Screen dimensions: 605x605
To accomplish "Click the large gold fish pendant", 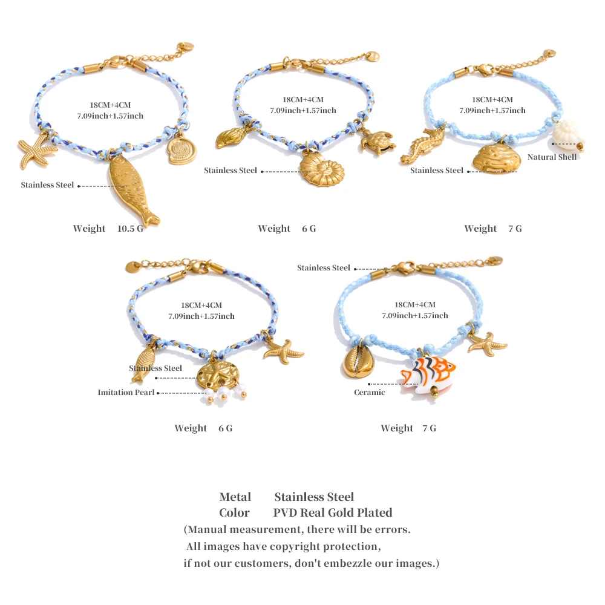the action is (133, 189).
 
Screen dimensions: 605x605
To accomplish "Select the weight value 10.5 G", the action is (130, 229).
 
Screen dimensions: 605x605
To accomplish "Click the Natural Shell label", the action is (552, 157).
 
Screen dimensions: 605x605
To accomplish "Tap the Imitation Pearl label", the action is (126, 393).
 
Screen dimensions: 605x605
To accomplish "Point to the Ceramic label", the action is (369, 393).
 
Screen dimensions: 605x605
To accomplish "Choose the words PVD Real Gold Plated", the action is (333, 512).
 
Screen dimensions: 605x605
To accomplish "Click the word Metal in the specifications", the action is (235, 497).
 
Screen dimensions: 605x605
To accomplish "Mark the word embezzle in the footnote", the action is (347, 563).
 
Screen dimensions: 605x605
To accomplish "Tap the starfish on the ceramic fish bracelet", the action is (487, 344).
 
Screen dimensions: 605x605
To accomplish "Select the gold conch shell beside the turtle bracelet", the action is (231, 137).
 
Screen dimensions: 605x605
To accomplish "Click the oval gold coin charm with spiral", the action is (181, 151).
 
